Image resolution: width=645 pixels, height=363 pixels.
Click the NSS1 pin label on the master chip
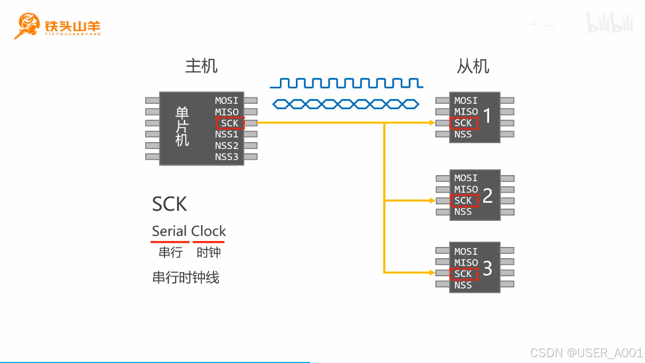click(x=227, y=134)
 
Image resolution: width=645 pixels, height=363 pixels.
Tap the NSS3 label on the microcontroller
click(x=227, y=156)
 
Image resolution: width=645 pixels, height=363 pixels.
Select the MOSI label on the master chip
click(x=227, y=101)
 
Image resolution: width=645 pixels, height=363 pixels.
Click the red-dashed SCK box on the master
click(x=230, y=123)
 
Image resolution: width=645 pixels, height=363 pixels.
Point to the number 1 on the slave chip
click(x=487, y=117)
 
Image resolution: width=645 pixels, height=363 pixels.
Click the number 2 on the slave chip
click(x=487, y=195)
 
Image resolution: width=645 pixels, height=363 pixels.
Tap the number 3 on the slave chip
click(x=487, y=268)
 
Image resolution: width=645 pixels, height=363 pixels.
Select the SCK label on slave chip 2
click(x=464, y=201)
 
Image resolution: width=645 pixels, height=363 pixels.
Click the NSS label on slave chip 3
click(x=463, y=285)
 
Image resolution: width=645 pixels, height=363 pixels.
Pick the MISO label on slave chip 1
click(x=466, y=112)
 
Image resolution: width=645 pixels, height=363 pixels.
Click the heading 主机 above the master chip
click(x=201, y=66)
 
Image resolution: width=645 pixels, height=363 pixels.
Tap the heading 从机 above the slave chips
click(x=473, y=66)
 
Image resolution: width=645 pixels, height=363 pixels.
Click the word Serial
click(x=170, y=232)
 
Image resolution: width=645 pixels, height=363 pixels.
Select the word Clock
click(x=209, y=232)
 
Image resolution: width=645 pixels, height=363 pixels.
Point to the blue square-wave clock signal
click(x=346, y=82)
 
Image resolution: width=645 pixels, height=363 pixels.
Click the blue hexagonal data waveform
click(x=346, y=103)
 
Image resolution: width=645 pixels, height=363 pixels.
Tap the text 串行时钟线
click(x=186, y=277)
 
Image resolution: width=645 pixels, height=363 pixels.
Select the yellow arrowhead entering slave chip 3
click(x=431, y=273)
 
